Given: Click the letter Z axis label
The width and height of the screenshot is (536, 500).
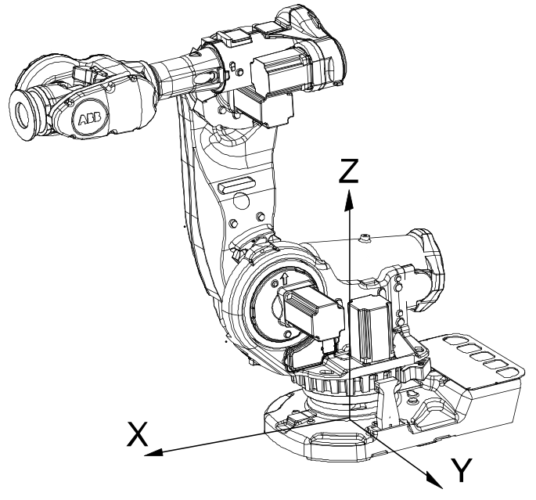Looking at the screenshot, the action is [348, 171].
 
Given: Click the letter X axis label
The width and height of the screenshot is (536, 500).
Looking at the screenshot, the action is [137, 434].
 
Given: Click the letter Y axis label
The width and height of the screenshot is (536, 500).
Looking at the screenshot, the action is [462, 470].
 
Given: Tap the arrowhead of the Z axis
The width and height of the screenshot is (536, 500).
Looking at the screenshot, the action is [349, 200].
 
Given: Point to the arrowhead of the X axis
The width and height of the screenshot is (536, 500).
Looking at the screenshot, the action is [153, 452].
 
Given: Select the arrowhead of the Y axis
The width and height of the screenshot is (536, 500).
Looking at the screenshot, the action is [434, 480].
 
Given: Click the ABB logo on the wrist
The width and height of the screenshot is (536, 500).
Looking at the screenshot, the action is [90, 119].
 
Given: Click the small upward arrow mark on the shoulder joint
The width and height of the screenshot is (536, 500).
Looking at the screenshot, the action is [284, 279].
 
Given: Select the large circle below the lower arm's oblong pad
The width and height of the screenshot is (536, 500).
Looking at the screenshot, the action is [242, 201].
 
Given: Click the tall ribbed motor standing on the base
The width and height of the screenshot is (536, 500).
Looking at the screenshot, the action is [371, 329].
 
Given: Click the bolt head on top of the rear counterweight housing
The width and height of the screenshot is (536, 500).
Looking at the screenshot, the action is [365, 237].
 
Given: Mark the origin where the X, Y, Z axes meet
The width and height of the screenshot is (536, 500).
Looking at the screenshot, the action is [349, 419].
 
